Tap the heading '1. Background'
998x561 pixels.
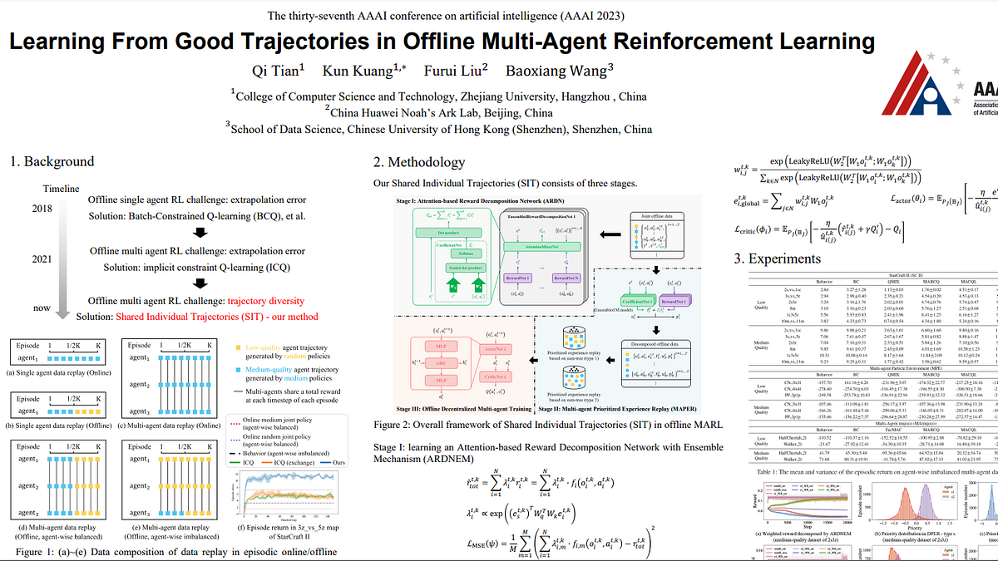[x=52, y=161]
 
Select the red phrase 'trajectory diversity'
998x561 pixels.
[x=266, y=301]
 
